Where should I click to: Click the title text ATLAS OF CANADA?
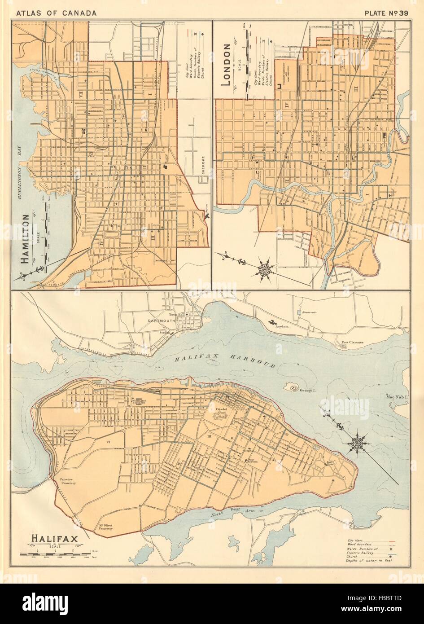coord(56,13)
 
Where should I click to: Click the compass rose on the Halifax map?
coord(358,442)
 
